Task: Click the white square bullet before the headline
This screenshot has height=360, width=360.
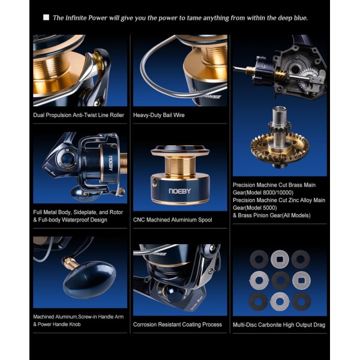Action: pos(46,17)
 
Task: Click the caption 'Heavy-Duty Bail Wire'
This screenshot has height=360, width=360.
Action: pos(159,115)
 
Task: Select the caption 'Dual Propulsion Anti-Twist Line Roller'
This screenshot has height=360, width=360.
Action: pos(79,115)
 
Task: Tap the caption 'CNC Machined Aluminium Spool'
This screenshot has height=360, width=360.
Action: pos(172,220)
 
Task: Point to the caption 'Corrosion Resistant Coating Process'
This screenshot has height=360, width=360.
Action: pos(178,325)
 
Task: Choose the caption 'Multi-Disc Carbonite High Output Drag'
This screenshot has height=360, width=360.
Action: pos(279,325)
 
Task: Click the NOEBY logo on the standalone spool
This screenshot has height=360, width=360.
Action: pos(180,191)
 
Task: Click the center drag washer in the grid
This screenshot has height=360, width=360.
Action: pos(280,280)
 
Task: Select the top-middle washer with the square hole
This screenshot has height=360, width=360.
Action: pos(280,259)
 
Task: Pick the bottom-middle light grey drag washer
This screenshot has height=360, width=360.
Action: pos(280,301)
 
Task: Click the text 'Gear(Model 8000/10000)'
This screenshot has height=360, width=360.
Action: pos(263,193)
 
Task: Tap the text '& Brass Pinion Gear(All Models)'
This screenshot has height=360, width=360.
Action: pos(272,215)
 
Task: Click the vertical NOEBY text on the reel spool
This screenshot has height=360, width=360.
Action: pos(110,163)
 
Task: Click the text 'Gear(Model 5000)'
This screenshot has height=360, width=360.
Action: pos(255,208)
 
